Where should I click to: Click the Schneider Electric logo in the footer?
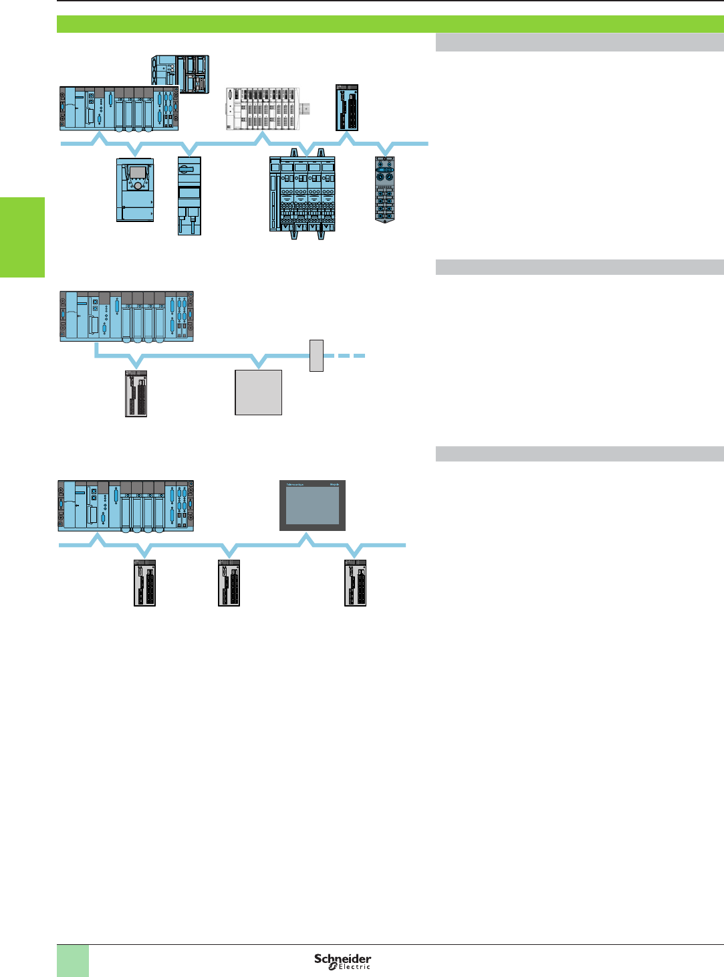[342, 961]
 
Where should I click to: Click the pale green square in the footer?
[73, 960]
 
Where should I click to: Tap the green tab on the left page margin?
[22, 237]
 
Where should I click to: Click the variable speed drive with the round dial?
[135, 189]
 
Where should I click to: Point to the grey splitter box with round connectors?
[385, 189]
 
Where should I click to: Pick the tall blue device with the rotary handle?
[189, 195]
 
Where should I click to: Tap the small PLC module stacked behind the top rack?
[180, 74]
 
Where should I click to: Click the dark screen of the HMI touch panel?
[312, 506]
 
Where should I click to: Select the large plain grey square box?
[258, 393]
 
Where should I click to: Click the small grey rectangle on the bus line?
[316, 355]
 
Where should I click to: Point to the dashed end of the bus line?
[351, 356]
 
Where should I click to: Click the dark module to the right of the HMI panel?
[355, 582]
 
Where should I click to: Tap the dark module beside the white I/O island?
[347, 108]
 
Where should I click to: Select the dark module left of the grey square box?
[136, 394]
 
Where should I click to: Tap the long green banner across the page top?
[390, 24]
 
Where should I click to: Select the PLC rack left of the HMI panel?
[126, 506]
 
